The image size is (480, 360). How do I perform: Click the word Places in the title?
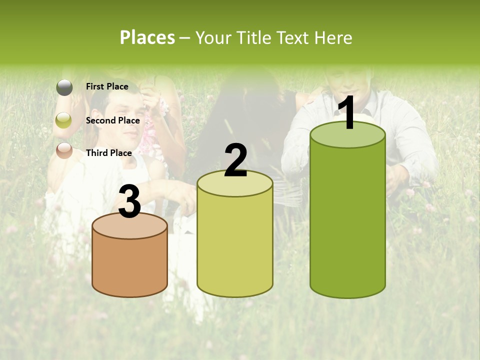click(x=147, y=37)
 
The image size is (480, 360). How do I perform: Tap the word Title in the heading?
click(x=253, y=37)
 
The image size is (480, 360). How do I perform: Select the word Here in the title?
click(x=334, y=37)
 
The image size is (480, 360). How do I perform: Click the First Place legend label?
click(x=107, y=86)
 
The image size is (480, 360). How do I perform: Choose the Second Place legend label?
click(x=112, y=120)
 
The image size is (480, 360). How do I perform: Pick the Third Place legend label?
click(x=108, y=153)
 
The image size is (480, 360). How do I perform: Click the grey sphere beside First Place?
click(x=64, y=87)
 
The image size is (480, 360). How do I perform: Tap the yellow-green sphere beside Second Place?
click(x=64, y=120)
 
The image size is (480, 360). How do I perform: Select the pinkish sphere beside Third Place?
click(x=64, y=150)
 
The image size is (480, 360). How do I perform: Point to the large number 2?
click(x=235, y=160)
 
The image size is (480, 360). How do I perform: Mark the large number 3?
click(x=129, y=202)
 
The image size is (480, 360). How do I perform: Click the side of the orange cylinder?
click(x=129, y=267)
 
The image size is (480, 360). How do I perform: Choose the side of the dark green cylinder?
click(x=347, y=220)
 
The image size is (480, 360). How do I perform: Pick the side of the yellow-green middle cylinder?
click(x=235, y=245)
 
